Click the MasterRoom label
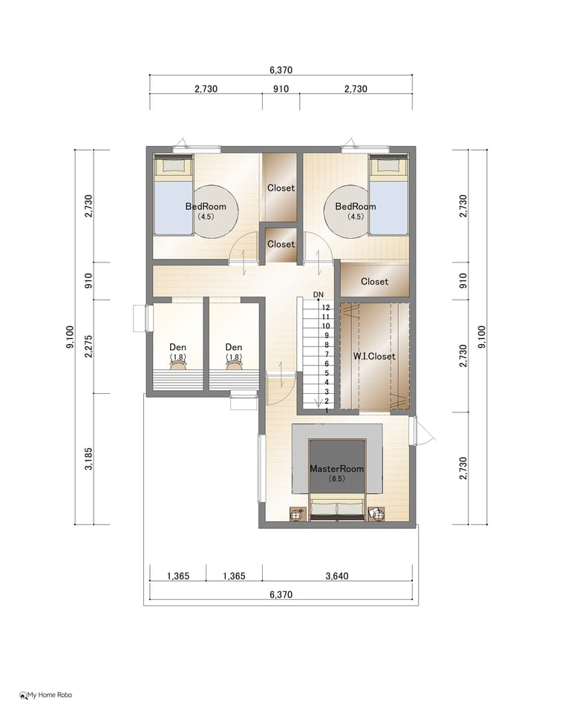(336, 469)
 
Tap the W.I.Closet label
(374, 357)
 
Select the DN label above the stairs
(318, 294)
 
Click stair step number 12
(326, 307)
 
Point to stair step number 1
(327, 410)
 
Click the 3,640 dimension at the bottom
(337, 576)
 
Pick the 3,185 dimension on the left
(88, 458)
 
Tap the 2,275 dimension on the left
(88, 346)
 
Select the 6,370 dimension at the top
(281, 70)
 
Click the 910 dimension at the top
(281, 89)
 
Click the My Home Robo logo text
(50, 695)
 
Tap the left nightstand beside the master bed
(298, 515)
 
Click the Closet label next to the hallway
(374, 282)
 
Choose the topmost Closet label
(281, 188)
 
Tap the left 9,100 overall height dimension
(70, 337)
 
